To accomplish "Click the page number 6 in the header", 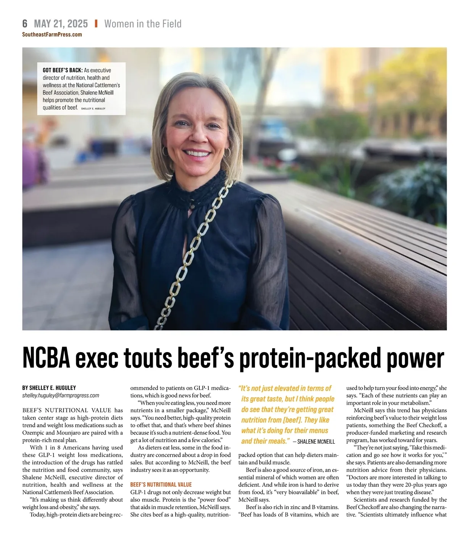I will click(25, 24).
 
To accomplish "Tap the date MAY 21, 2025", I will click(61, 24).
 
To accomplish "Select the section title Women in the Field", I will click(143, 24).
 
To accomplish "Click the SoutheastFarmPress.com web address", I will click(52, 34).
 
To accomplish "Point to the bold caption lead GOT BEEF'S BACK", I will click(63, 70).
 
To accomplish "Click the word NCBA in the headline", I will click(47, 358).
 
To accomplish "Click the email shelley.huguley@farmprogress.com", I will click(61, 395).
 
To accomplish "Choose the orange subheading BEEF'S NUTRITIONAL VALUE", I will click(161, 484).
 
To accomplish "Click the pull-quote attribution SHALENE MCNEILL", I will click(316, 441).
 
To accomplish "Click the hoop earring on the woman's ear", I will click(227, 152).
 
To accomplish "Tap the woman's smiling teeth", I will click(197, 153).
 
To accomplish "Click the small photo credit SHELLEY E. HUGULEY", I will click(93, 109).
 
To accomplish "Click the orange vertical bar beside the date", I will click(96, 24).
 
